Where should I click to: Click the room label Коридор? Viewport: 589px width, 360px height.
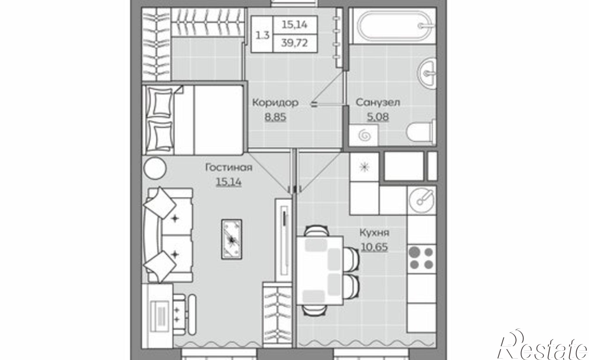tap(275, 103)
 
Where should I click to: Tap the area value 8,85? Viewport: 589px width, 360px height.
tap(275, 117)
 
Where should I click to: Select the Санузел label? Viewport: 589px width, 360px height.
tap(378, 102)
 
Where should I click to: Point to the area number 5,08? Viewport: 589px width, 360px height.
tap(378, 117)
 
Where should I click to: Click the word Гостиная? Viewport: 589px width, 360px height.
tap(229, 167)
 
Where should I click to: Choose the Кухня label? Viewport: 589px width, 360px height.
tap(374, 233)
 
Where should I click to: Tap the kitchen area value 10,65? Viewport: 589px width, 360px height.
tap(374, 247)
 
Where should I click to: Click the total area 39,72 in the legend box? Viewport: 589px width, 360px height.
tap(294, 43)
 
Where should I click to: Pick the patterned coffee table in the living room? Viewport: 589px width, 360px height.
tap(232, 240)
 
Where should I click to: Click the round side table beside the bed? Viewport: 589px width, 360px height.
tap(155, 167)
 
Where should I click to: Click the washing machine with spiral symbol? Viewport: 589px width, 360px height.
tap(363, 135)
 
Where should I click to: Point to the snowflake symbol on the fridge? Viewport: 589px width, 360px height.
tap(364, 167)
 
